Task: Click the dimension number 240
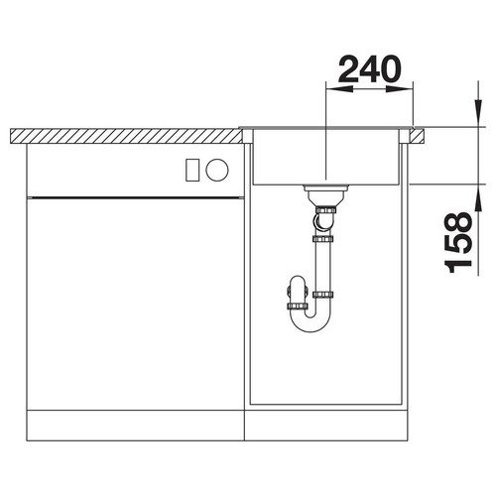(x=369, y=69)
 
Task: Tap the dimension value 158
(x=458, y=242)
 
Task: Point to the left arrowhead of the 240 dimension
(x=339, y=88)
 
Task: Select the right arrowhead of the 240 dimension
(x=400, y=88)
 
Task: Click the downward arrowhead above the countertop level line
(x=478, y=113)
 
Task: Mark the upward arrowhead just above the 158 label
(x=478, y=197)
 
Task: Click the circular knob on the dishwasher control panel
(x=217, y=170)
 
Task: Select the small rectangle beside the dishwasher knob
(x=192, y=170)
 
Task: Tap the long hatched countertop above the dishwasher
(x=126, y=136)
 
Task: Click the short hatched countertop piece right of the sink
(x=417, y=136)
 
